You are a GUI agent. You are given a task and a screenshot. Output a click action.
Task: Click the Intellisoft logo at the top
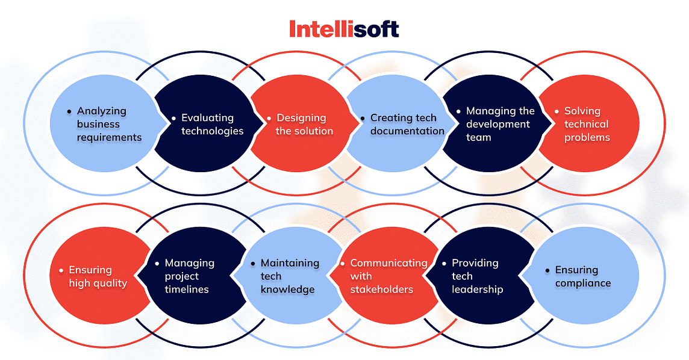(x=344, y=28)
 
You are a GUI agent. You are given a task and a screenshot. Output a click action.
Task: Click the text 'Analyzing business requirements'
(x=109, y=124)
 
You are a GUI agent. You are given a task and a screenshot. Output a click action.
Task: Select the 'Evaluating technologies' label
(x=212, y=124)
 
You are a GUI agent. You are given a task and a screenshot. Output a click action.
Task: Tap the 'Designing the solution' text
(x=304, y=124)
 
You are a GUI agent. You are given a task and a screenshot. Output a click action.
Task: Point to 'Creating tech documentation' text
(x=407, y=124)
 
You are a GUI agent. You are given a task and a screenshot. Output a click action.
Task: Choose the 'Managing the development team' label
(x=500, y=124)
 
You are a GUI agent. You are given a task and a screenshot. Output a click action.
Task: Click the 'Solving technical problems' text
(x=587, y=124)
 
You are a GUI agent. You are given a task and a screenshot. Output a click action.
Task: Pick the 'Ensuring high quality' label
(x=98, y=276)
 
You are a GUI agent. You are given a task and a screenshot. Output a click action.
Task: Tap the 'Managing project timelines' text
(x=189, y=276)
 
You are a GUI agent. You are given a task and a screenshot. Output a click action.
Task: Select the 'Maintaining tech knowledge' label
(x=289, y=276)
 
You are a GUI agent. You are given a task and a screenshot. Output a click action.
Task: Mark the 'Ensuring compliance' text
(x=582, y=276)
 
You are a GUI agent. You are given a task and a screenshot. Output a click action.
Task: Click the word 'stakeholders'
(x=382, y=290)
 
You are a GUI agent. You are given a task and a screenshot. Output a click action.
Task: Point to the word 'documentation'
(x=407, y=131)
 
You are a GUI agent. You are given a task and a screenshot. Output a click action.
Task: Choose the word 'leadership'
(x=477, y=290)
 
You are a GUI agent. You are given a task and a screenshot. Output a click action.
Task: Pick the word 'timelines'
(x=187, y=290)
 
